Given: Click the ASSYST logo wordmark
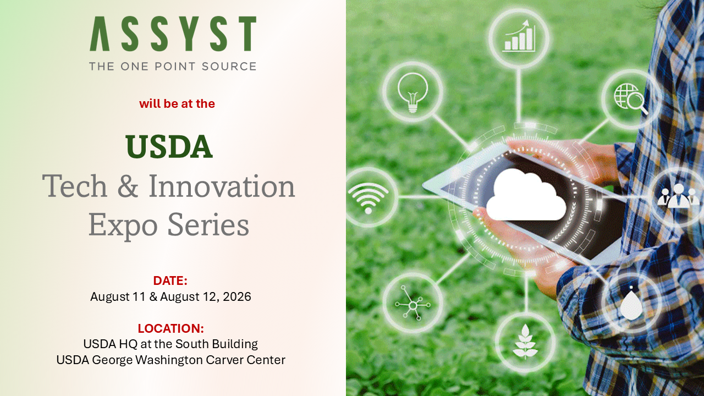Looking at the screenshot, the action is pyautogui.click(x=173, y=34).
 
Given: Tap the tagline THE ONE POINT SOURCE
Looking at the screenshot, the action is pyautogui.click(x=173, y=67).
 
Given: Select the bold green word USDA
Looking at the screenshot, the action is pyautogui.click(x=169, y=146).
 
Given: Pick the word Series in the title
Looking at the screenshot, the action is pyautogui.click(x=208, y=224).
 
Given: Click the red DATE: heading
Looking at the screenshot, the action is pyautogui.click(x=170, y=280).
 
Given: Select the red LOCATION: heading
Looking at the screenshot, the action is pyautogui.click(x=171, y=328).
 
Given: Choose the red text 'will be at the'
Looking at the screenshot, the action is pyautogui.click(x=177, y=104).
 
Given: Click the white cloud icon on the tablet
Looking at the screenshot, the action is pyautogui.click(x=526, y=195).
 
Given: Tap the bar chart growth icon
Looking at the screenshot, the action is pyautogui.click(x=519, y=36).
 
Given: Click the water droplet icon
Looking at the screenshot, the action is pyautogui.click(x=631, y=303).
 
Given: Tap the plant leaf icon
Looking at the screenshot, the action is pyautogui.click(x=525, y=342).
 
